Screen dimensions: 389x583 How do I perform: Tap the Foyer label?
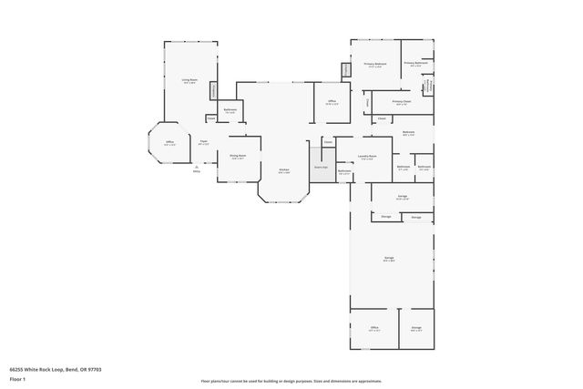pyautogui.click(x=204, y=141)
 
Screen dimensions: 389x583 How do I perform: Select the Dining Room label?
pyautogui.click(x=238, y=156)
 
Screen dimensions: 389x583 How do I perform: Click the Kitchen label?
pyautogui.click(x=284, y=170)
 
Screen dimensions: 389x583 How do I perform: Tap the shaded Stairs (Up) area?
pyautogui.click(x=321, y=169)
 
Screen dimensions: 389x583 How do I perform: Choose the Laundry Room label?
pyautogui.click(x=368, y=156)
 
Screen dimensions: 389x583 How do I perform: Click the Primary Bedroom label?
pyautogui.click(x=376, y=65)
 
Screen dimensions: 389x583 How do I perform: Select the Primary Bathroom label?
pyautogui.click(x=415, y=64)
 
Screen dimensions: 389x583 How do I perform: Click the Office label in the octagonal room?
pyautogui.click(x=169, y=142)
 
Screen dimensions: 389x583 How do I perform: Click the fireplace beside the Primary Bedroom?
pyautogui.click(x=346, y=69)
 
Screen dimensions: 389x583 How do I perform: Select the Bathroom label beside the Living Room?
pyautogui.click(x=230, y=110)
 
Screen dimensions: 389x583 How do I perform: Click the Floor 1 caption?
pyautogui.click(x=17, y=380)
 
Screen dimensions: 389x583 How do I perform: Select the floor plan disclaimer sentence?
pyautogui.click(x=291, y=380)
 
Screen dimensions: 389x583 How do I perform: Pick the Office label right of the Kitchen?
pyautogui.click(x=332, y=102)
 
